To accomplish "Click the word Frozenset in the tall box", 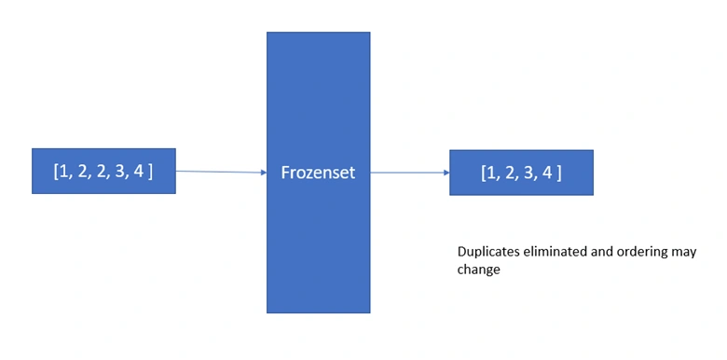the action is (x=318, y=173).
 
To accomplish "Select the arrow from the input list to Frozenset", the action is (x=221, y=172).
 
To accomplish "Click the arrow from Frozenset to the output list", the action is (x=410, y=173).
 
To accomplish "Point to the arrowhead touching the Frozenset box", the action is (x=264, y=173).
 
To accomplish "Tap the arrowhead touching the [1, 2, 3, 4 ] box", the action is (x=446, y=173).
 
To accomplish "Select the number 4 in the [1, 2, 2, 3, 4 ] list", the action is (x=138, y=172).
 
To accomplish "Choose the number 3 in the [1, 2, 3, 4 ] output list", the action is (x=528, y=173).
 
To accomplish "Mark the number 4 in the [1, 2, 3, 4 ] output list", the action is (x=547, y=173).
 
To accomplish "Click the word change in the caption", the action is (x=478, y=270).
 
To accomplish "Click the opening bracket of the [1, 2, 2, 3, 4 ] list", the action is (x=56, y=172).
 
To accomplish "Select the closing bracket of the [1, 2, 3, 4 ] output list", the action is (x=558, y=173).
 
